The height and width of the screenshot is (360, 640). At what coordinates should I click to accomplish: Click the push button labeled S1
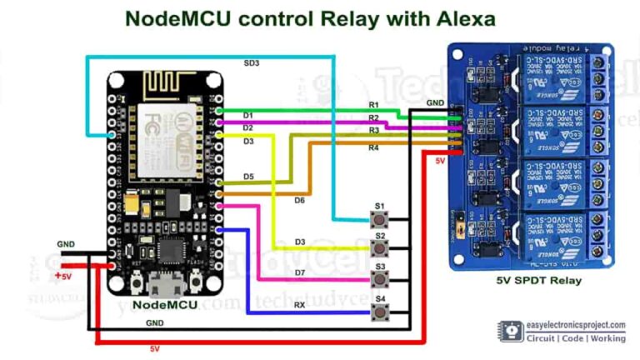coord(381,220)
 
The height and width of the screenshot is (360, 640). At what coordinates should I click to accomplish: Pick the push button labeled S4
coord(381,312)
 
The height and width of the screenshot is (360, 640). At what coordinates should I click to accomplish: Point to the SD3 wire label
coord(252,62)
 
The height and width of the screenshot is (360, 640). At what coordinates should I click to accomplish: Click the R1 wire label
coord(373,105)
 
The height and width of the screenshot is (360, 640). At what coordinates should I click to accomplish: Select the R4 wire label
coord(373,147)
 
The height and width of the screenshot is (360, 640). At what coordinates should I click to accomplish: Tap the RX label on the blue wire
coord(298,306)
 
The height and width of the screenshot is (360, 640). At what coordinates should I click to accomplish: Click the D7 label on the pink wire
coord(298,272)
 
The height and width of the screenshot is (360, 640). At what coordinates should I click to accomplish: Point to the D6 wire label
coord(299,199)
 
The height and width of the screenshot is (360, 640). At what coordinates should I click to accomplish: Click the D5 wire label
coord(248,177)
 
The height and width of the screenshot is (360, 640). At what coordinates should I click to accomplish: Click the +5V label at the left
coord(63,275)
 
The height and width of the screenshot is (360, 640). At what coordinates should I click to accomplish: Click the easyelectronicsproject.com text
coord(575,325)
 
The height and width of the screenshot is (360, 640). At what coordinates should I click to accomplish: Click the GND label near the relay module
coord(434,102)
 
